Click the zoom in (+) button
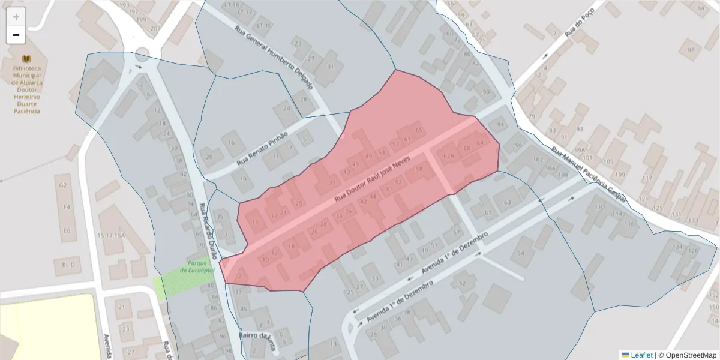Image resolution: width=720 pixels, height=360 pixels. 16,17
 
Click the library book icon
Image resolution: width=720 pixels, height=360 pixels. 26,59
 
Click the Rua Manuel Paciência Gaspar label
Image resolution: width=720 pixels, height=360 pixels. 589,175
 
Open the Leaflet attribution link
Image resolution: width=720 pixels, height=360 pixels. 641,355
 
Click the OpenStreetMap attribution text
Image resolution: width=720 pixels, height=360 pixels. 687,355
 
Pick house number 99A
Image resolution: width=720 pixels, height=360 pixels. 578,150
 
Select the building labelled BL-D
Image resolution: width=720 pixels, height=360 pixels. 67,265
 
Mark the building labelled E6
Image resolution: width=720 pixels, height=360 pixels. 67,230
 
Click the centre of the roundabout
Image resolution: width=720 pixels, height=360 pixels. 142,56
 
